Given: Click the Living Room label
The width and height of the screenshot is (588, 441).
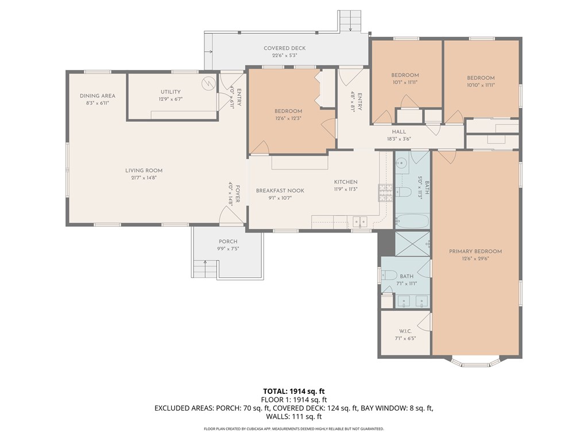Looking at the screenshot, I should [x=144, y=171].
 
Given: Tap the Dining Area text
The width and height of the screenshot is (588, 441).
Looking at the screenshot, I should [x=97, y=96].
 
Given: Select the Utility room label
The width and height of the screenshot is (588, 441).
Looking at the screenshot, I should [x=171, y=92].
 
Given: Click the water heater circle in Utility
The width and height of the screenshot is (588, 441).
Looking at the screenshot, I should [x=208, y=84].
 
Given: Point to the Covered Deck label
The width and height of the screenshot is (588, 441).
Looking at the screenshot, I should [x=284, y=48].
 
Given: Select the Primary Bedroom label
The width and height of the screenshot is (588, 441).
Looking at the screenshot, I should [x=475, y=252].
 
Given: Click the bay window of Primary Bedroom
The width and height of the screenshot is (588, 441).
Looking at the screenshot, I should [x=476, y=362].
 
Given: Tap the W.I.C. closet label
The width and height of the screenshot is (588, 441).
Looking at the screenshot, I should [x=405, y=331].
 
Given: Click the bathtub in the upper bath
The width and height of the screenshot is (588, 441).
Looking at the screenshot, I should [x=412, y=221].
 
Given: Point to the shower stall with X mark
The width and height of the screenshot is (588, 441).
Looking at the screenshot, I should [x=412, y=244].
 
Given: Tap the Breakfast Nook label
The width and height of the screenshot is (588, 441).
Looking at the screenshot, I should [x=280, y=191].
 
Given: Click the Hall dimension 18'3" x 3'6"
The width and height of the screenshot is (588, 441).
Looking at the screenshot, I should [x=399, y=138].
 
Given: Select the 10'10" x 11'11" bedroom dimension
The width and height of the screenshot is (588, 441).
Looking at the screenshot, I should [x=481, y=85].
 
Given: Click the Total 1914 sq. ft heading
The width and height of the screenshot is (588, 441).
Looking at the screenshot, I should [x=294, y=392].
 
